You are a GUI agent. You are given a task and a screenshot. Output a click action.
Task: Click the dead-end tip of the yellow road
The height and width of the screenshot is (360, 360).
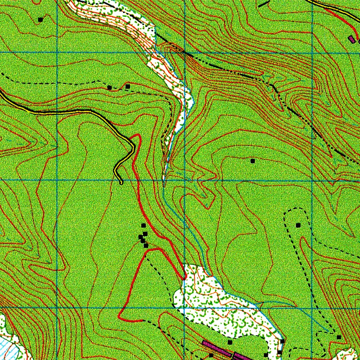121,182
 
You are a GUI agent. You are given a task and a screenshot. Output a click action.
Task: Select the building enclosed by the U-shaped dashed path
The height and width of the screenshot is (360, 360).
298,225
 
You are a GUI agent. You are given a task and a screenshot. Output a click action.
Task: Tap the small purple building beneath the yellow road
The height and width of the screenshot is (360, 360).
351,39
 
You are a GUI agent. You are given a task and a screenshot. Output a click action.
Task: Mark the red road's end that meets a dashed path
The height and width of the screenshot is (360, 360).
142,321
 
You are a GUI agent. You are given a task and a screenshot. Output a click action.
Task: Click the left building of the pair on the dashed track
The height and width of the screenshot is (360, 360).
110,88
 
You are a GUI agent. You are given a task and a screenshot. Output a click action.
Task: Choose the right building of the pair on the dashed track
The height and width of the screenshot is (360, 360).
128,86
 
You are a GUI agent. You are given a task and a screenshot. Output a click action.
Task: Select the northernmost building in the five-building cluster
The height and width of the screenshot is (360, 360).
143,225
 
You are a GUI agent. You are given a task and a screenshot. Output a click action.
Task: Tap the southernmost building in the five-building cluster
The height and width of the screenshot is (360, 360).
146,246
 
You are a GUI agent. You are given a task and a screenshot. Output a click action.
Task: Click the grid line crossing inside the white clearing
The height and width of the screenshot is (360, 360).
185,308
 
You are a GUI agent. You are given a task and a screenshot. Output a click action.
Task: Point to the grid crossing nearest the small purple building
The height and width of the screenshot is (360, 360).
359,53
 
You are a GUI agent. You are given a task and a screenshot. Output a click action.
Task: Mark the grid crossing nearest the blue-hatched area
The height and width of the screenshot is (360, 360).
57,308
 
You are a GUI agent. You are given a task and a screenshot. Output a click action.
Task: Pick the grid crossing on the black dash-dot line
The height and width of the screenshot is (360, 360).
185,53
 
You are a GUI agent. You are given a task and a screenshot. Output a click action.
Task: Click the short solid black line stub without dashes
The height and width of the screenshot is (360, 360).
263,4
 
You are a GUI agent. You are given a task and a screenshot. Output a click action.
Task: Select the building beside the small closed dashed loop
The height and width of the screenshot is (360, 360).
339,337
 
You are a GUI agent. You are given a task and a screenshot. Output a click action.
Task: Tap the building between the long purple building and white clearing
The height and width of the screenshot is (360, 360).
230,342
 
